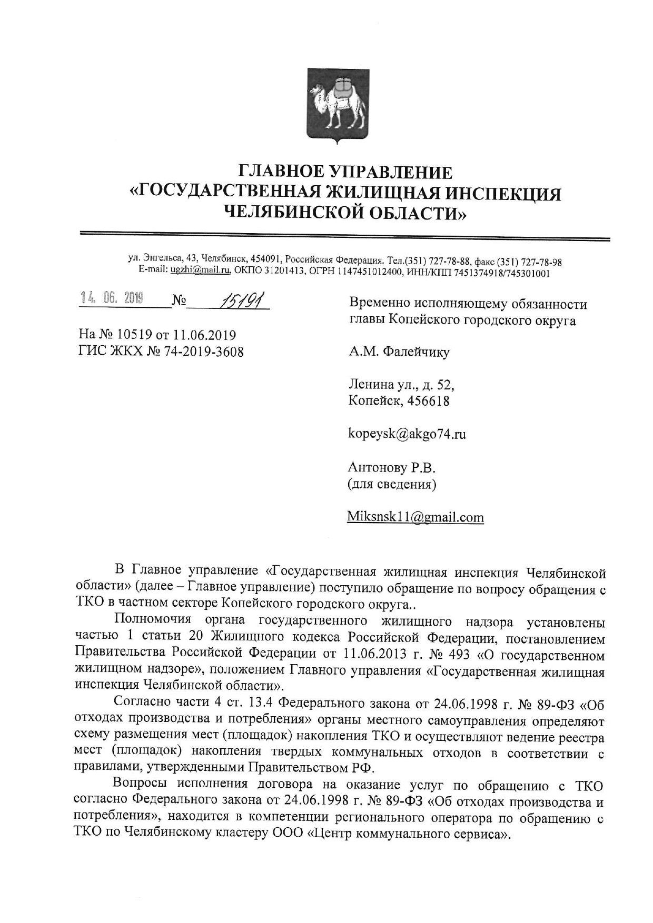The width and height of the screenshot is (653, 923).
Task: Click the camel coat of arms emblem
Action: (x=338, y=105)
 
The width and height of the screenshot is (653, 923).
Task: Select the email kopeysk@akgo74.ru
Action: (x=407, y=434)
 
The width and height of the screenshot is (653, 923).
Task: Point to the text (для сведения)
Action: (x=392, y=484)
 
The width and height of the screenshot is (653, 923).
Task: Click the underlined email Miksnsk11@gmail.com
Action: (x=415, y=517)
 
